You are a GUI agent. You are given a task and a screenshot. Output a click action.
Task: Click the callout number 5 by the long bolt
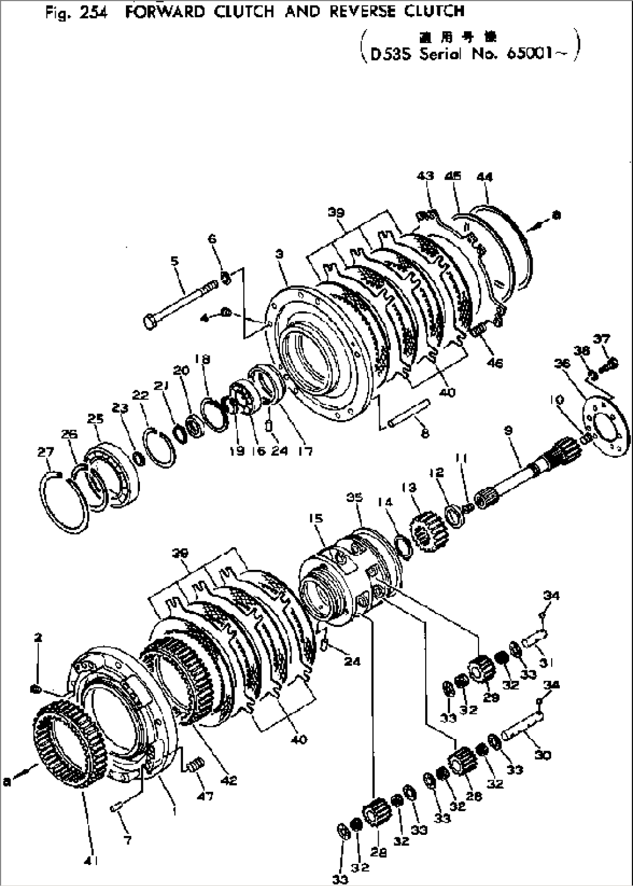click(174, 262)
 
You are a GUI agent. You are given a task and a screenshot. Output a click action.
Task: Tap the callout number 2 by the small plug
click(38, 637)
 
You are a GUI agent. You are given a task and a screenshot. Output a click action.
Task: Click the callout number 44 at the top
click(484, 177)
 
